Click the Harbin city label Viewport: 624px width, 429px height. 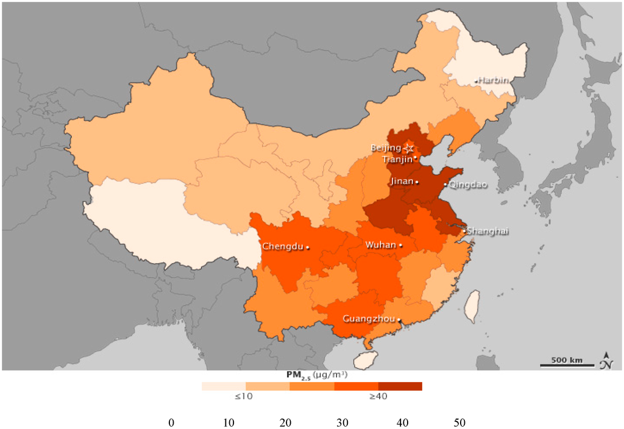pyautogui.click(x=494, y=80)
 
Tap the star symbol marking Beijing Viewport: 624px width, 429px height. pyautogui.click(x=409, y=147)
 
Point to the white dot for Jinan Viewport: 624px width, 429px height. pyautogui.click(x=417, y=182)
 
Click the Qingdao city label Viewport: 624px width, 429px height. pyautogui.click(x=468, y=185)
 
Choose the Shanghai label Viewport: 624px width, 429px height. pyautogui.click(x=487, y=231)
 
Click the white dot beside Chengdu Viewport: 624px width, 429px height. pyautogui.click(x=308, y=247)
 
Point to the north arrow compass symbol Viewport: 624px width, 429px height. pyautogui.click(x=607, y=361)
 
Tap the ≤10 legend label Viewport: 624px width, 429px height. pyautogui.click(x=244, y=397)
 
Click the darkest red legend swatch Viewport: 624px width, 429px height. pyautogui.click(x=400, y=386)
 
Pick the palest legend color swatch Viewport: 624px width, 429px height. pyautogui.click(x=224, y=386)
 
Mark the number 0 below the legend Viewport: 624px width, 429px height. pyautogui.click(x=171, y=422)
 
